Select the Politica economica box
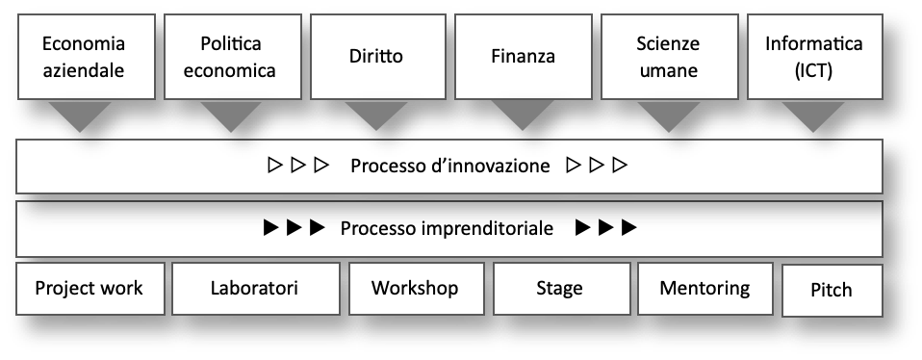tap(230, 58)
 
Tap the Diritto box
tap(376, 56)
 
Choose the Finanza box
tap(522, 56)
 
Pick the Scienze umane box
tap(667, 58)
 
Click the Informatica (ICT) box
tap(813, 58)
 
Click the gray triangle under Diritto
tap(376, 117)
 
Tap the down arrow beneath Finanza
tap(523, 117)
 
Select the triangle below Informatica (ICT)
tap(813, 117)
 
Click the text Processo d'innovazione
tap(449, 166)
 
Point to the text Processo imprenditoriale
tap(447, 229)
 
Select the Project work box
tap(89, 289)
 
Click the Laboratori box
tap(255, 289)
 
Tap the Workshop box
tap(415, 289)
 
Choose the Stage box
tap(559, 289)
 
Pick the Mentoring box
tap(705, 289)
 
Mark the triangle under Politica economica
tap(230, 117)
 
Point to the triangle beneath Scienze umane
tap(669, 117)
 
